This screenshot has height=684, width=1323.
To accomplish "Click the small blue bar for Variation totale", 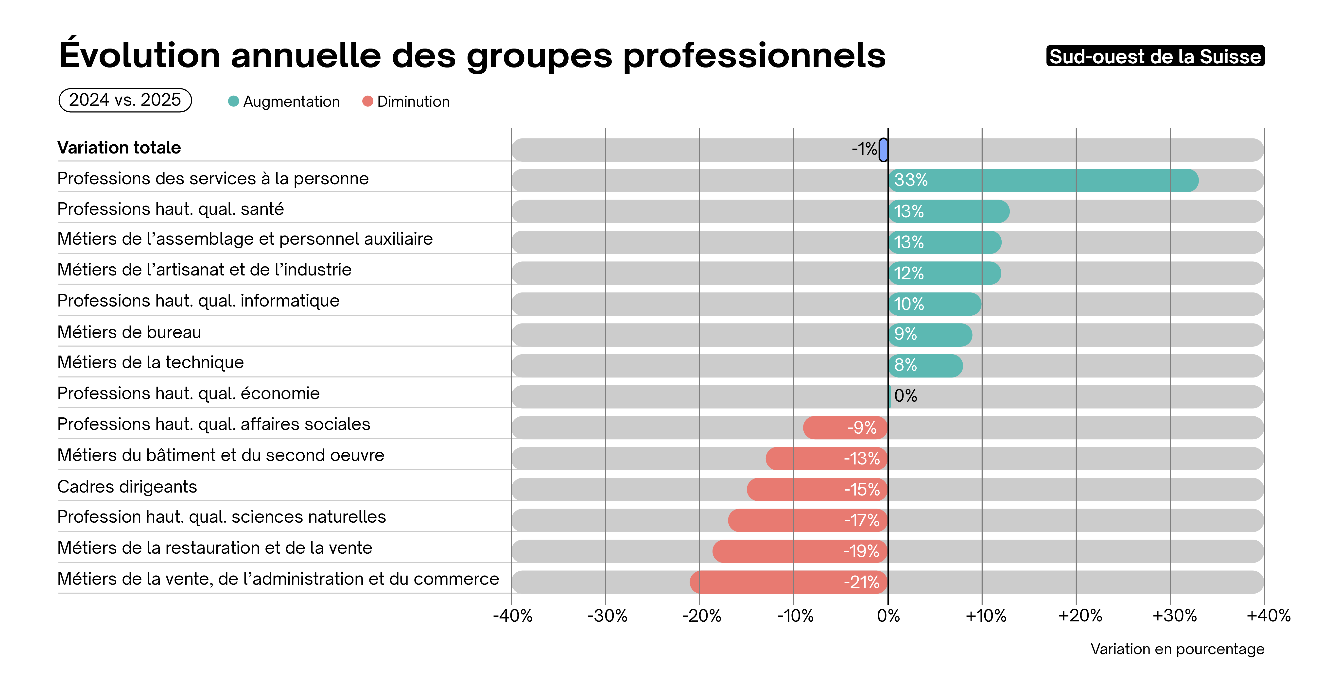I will coord(883,150).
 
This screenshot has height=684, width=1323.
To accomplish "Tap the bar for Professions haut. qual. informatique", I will coord(935,304).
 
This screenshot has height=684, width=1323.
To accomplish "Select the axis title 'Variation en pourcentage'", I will coord(1177,649).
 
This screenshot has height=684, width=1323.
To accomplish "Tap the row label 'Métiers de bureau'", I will coord(129,332).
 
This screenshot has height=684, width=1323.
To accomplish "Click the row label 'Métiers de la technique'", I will coord(151,362).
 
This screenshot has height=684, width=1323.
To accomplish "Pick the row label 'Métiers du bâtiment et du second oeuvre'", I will coord(221,456).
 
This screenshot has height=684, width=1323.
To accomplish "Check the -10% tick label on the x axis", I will coord(795,616).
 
